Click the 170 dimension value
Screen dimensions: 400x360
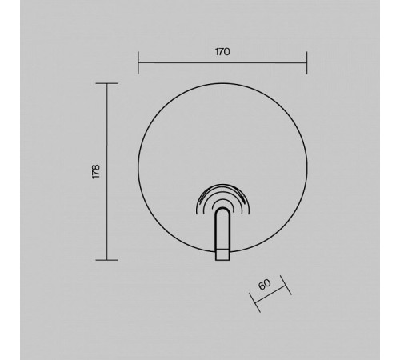[222, 52]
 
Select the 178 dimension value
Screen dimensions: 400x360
[96, 172]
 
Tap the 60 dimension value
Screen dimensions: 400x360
[265, 284]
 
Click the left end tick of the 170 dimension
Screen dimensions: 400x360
[138, 62]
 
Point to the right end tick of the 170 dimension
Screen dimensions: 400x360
[307, 62]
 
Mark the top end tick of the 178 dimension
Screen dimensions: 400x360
[106, 83]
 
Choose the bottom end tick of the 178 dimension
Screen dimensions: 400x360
[106, 260]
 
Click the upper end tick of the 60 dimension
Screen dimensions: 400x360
[286, 285]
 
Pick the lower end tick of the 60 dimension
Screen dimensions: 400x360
[254, 302]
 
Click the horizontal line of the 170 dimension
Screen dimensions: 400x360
[222, 63]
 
